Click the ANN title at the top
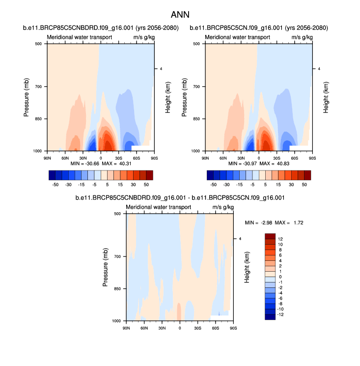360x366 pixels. [x=180, y=15]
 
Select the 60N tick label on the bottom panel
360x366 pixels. [x=144, y=328]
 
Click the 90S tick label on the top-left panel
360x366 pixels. [x=154, y=158]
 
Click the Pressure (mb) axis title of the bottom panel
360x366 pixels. [x=106, y=267]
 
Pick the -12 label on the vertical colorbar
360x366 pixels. [x=281, y=314]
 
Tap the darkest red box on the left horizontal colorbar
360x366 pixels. [x=149, y=175]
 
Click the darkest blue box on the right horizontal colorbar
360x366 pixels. [x=210, y=175]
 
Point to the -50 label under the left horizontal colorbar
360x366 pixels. [x=55, y=184]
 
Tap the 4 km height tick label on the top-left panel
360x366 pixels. [x=162, y=69]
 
